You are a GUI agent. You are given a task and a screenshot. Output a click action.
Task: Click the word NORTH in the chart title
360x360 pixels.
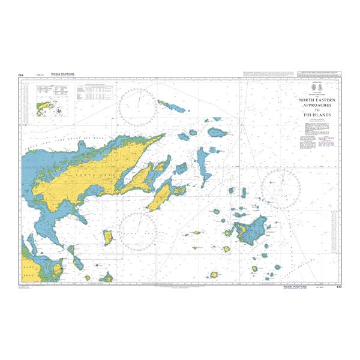point(306,100)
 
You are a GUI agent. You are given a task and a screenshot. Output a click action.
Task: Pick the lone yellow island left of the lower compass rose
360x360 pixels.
point(108,238)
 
